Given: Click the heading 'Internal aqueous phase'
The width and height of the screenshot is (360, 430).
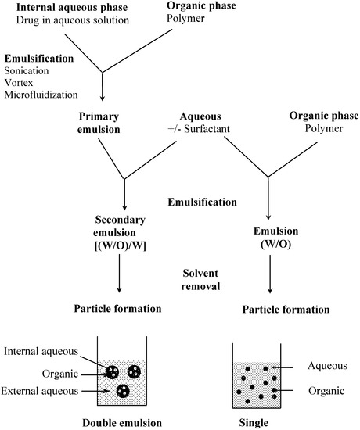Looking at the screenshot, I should pyautogui.click(x=62, y=7).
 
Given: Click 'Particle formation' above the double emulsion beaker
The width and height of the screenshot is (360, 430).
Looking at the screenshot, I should pyautogui.click(x=123, y=309).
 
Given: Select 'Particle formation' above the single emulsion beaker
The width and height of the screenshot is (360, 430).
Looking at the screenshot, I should pyautogui.click(x=269, y=310).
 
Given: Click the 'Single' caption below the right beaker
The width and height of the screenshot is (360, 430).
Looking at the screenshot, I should pyautogui.click(x=269, y=422).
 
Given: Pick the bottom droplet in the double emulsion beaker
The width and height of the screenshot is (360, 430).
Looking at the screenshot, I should pyautogui.click(x=123, y=390).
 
